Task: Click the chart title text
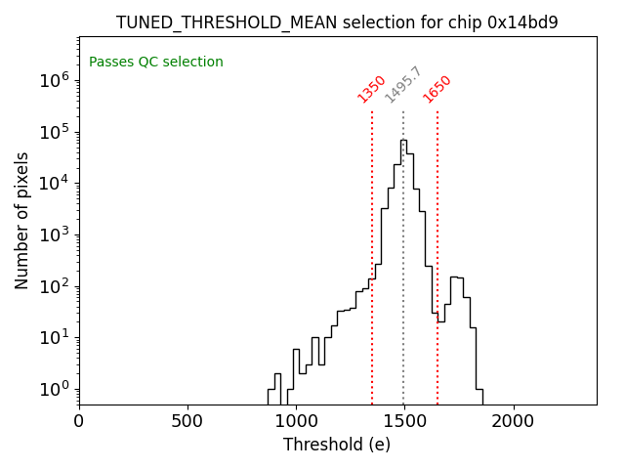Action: click(x=337, y=22)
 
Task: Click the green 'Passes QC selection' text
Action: click(x=156, y=63)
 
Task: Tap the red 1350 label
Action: click(x=372, y=89)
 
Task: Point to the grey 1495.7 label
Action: click(x=402, y=85)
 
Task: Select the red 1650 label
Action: click(x=437, y=89)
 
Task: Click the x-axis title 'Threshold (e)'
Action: click(x=337, y=445)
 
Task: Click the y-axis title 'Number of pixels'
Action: click(x=22, y=221)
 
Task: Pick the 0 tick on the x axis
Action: click(x=79, y=422)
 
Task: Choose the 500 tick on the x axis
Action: click(x=187, y=422)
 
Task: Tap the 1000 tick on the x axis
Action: click(x=296, y=422)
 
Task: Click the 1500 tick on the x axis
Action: click(x=404, y=422)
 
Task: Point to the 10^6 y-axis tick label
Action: click(x=53, y=81)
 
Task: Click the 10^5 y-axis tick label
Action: click(x=53, y=133)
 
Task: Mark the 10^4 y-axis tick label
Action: click(x=53, y=184)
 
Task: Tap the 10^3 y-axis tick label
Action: click(x=53, y=235)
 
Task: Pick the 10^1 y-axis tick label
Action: click(x=53, y=338)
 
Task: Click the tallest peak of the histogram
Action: click(x=403, y=141)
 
